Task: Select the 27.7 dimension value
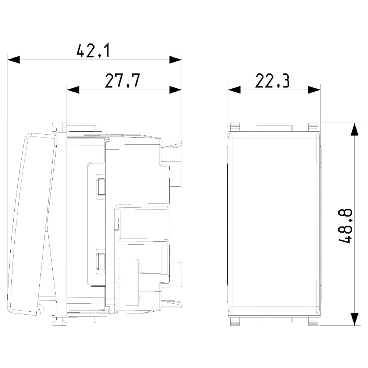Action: (122, 81)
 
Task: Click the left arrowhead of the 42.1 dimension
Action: (13, 60)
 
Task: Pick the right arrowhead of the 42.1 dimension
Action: (176, 60)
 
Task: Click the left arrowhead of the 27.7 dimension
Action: (73, 90)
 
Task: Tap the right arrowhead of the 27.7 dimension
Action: (176, 90)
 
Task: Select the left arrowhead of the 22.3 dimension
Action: (234, 90)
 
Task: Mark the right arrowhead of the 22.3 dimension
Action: (314, 90)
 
